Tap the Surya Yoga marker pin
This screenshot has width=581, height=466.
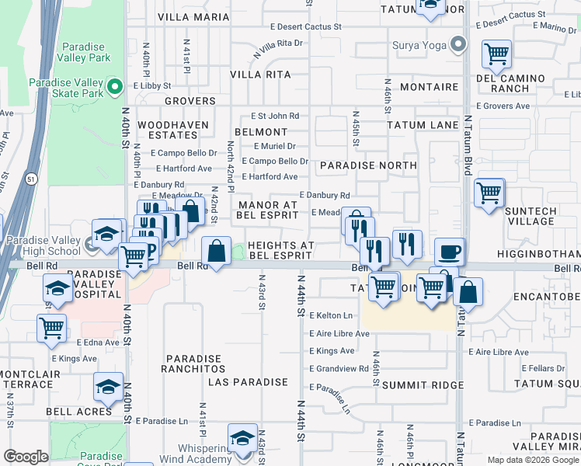[x=459, y=43]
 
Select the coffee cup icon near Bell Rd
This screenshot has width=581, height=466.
[x=450, y=252]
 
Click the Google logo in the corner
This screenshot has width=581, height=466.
[x=26, y=457]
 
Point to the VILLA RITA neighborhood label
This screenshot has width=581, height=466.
[x=260, y=75]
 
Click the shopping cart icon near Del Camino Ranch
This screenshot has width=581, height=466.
[x=496, y=54]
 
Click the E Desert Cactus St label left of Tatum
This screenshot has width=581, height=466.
[x=305, y=26]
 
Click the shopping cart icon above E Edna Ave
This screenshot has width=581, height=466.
[x=52, y=328]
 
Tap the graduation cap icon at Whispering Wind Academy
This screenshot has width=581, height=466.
[x=242, y=437]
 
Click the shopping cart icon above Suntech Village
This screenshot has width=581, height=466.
[x=489, y=192]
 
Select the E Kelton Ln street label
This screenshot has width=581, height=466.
[x=331, y=315]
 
